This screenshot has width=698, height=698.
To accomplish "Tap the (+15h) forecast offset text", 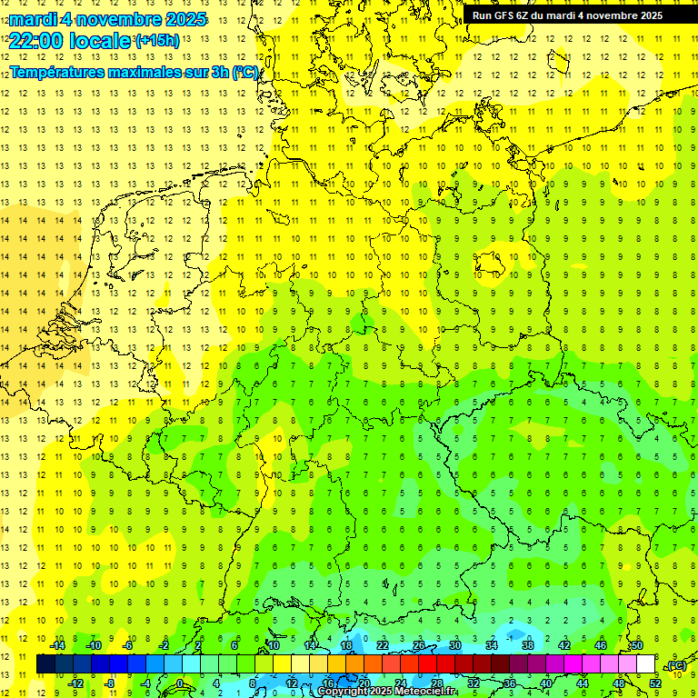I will [x=157, y=40].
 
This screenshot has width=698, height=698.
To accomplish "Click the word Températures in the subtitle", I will [x=57, y=72].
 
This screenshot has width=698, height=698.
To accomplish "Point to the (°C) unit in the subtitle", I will [x=244, y=72].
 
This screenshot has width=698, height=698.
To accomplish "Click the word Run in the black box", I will [x=482, y=15].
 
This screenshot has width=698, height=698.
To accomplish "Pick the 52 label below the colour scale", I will [x=655, y=683].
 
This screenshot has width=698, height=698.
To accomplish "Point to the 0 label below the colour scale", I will [x=181, y=683].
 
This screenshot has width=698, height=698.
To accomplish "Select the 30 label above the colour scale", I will [x=455, y=645].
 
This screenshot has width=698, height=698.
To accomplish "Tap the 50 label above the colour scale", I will [x=637, y=645].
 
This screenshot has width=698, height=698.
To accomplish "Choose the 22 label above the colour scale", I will [x=383, y=645].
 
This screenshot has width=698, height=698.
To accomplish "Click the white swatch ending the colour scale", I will [x=646, y=664].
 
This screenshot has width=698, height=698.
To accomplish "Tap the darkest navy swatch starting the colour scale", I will [x=45, y=664].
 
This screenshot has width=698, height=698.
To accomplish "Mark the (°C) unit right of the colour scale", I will [x=676, y=665].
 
